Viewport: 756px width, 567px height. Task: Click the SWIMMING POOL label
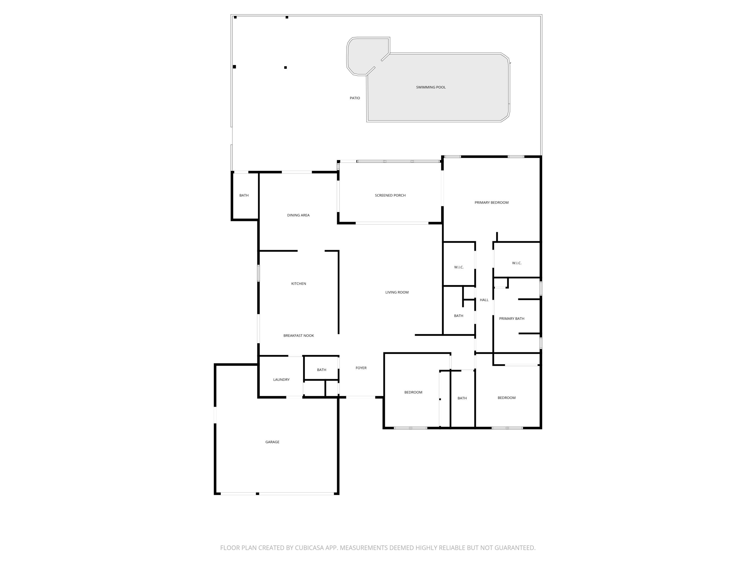431,87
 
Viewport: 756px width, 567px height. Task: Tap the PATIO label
355,98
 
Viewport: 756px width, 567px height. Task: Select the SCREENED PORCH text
390,196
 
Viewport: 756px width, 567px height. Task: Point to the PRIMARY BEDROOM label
491,203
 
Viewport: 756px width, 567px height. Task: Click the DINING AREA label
298,215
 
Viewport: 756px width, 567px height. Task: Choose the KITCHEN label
298,284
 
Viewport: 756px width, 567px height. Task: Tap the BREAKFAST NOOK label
298,336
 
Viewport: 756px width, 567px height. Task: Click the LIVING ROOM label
397,292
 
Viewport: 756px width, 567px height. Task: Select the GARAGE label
272,442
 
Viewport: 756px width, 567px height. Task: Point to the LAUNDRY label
281,380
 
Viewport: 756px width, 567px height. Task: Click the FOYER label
361,368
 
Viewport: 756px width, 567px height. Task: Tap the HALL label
484,300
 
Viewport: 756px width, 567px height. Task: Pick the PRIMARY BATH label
512,319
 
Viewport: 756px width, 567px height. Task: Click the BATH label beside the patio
244,196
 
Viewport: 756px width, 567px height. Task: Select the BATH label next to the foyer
322,370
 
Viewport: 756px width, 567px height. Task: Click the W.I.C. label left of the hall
459,267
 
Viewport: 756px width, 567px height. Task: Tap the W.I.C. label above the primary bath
516,263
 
